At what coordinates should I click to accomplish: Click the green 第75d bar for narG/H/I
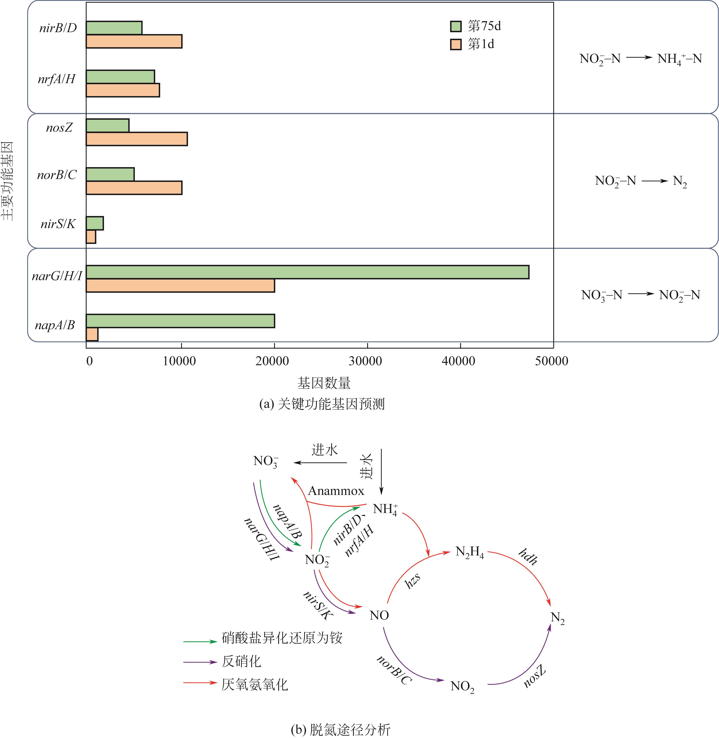307,272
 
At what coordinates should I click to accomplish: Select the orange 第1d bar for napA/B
92,334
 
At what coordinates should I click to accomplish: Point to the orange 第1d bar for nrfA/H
123,90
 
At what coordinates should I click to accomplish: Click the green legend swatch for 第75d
456,27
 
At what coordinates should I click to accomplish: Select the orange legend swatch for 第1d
456,45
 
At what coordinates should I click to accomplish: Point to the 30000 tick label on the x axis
365,361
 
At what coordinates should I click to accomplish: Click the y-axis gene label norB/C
57,175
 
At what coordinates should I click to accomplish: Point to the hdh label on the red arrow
527,557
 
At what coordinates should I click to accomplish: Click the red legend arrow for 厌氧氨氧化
200,683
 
